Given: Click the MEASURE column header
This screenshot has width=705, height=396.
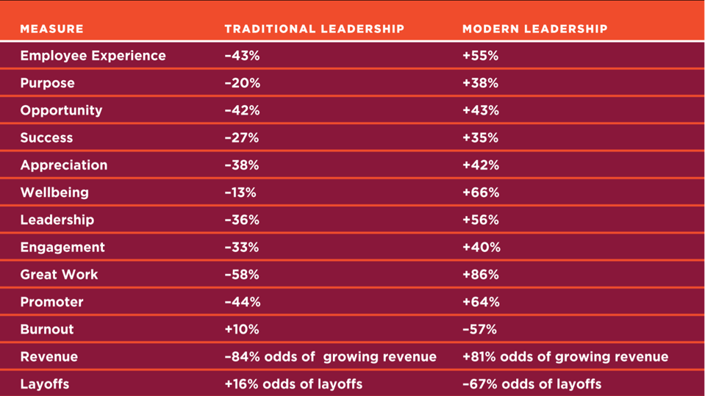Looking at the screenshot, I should pyautogui.click(x=51, y=29).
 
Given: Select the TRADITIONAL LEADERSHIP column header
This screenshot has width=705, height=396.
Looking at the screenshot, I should pyautogui.click(x=314, y=29).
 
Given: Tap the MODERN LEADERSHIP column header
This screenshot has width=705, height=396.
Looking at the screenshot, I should pyautogui.click(x=534, y=29).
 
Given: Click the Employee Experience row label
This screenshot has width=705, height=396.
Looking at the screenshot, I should pyautogui.click(x=93, y=56).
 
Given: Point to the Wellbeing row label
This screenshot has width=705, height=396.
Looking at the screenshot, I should pyautogui.click(x=54, y=192).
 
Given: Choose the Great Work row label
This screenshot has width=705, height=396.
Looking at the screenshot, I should pyautogui.click(x=59, y=275).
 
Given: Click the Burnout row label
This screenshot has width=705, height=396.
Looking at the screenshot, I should pyautogui.click(x=47, y=329).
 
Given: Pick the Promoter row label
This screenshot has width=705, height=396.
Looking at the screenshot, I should pyautogui.click(x=51, y=302).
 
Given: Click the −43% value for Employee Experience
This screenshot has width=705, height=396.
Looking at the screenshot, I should pyautogui.click(x=242, y=56).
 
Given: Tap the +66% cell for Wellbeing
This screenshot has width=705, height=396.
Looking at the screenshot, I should pyautogui.click(x=481, y=192).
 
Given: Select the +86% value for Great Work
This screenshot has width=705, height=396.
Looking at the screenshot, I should pyautogui.click(x=481, y=275).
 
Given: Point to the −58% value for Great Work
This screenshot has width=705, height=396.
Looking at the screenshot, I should pyautogui.click(x=242, y=275).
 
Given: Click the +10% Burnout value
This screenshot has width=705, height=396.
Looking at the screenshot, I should pyautogui.click(x=242, y=329).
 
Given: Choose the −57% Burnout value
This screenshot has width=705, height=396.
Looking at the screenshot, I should pyautogui.click(x=479, y=329).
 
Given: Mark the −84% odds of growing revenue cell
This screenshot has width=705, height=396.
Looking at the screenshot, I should pyautogui.click(x=330, y=357).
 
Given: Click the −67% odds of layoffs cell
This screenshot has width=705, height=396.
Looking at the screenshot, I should pyautogui.click(x=532, y=384).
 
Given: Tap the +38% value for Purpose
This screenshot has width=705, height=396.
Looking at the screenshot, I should pyautogui.click(x=481, y=83).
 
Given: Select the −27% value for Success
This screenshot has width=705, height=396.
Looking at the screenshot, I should pyautogui.click(x=242, y=138).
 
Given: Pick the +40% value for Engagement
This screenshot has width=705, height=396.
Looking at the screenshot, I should pyautogui.click(x=481, y=248).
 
